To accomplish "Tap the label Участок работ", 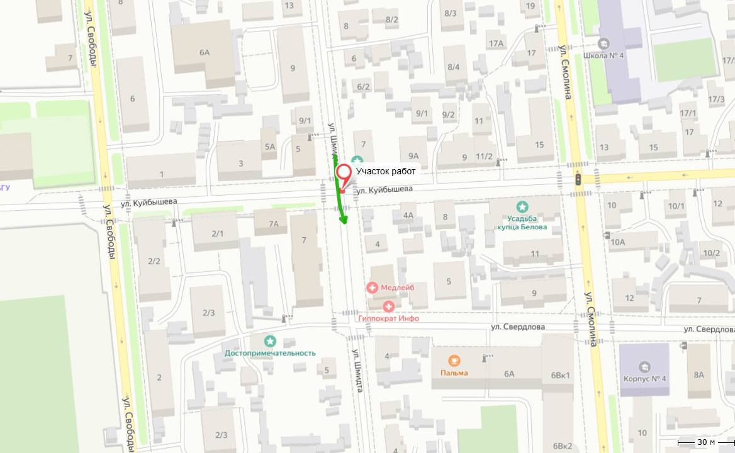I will [x=386, y=171].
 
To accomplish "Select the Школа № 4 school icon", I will [x=603, y=43].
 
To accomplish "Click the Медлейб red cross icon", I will [x=373, y=288].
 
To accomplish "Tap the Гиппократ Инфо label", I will [x=388, y=318].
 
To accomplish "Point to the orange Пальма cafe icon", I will [x=454, y=361].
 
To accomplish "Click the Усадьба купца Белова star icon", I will [x=522, y=206].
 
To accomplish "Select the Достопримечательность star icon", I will [x=270, y=341].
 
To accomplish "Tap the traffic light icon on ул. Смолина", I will [x=578, y=179].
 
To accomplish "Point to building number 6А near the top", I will [x=205, y=52].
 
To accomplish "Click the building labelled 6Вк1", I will [x=560, y=375].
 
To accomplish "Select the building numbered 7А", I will [x=273, y=223].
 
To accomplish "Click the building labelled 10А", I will [x=617, y=242].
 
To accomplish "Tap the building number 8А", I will [x=699, y=374].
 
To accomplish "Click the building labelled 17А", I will [x=496, y=43].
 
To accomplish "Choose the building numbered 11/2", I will [x=484, y=157].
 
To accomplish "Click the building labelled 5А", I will [x=270, y=147].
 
